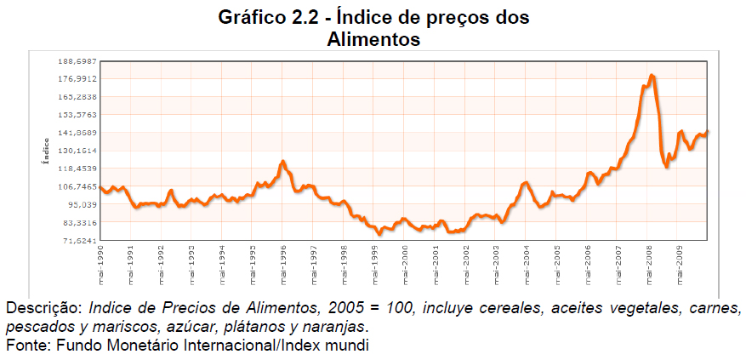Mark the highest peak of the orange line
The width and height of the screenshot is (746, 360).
pos(652,76)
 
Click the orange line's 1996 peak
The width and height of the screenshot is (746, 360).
pos(283,161)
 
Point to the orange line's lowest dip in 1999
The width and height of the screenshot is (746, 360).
pos(379,234)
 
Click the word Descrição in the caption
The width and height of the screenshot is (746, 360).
pos(42,306)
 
